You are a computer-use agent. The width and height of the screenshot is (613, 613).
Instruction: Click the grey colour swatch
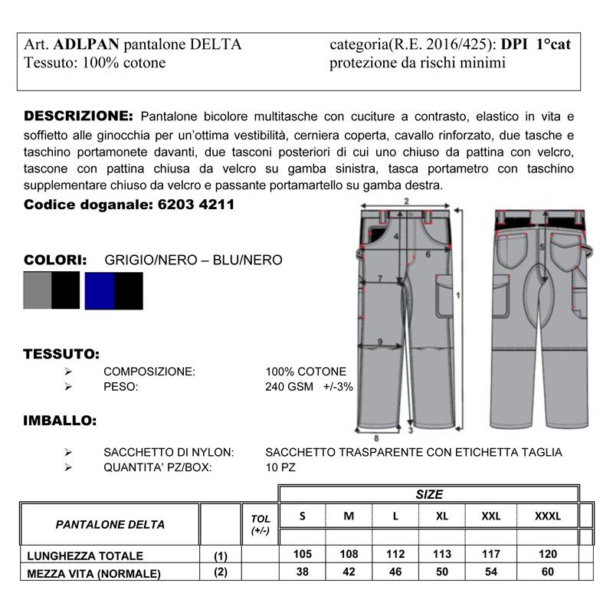(x=37, y=290)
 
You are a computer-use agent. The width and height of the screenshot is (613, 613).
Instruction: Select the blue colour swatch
(x=99, y=290)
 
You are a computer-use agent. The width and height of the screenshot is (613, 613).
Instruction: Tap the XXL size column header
(x=490, y=516)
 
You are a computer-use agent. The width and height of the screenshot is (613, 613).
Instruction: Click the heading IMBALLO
(x=60, y=421)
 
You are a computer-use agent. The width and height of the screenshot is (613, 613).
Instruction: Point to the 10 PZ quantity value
(x=280, y=467)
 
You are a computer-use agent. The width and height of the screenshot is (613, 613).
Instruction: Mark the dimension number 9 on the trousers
(x=379, y=341)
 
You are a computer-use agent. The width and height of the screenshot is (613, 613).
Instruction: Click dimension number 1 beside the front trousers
(x=457, y=294)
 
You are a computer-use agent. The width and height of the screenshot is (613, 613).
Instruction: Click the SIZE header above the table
(x=428, y=494)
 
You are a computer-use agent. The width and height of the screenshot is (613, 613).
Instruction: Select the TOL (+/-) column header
(x=260, y=524)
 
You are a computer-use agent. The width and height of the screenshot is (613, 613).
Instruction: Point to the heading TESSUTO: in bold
(x=61, y=355)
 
